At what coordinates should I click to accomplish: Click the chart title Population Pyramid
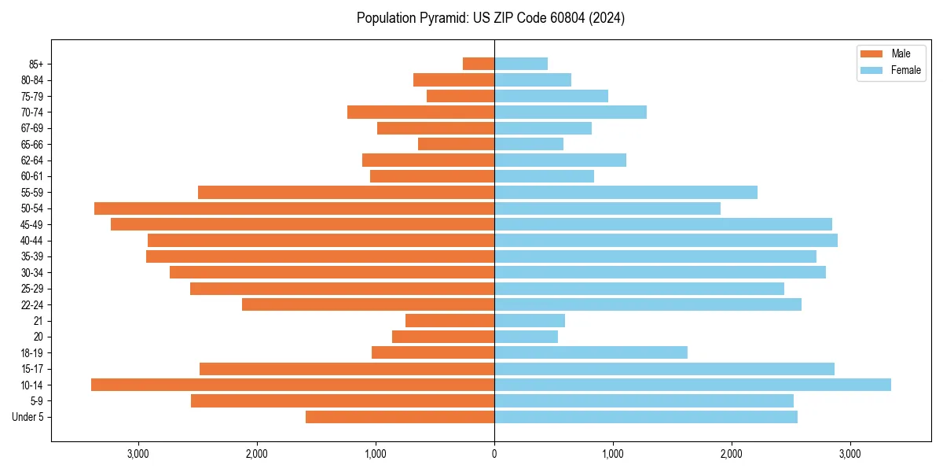click(490, 18)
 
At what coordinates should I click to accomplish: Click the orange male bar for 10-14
click(292, 385)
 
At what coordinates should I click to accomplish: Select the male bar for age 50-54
click(294, 208)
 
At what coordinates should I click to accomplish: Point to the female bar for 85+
click(521, 64)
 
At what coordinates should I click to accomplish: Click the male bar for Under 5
click(400, 417)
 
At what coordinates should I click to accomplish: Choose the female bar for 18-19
click(591, 352)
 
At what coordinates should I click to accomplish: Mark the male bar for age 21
click(449, 320)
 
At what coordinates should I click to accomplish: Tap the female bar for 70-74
click(571, 112)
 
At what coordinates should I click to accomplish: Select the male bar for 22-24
click(368, 304)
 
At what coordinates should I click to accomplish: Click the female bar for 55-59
click(626, 192)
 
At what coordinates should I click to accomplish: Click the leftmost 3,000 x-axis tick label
click(138, 454)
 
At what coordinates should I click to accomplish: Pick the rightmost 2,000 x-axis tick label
click(732, 454)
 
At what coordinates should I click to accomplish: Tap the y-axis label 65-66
click(31, 144)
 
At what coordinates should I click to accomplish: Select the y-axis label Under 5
click(28, 417)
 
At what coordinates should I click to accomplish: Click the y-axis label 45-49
click(31, 224)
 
